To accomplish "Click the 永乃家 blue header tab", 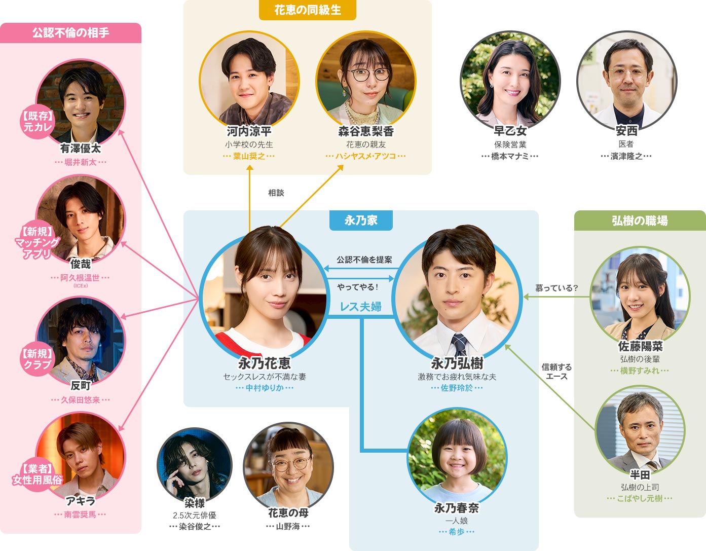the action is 361,221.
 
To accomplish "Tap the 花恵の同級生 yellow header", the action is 307,10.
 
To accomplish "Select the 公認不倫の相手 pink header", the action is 70,33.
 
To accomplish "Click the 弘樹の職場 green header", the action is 640,221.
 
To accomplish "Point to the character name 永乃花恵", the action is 265,363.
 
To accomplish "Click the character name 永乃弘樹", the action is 457,363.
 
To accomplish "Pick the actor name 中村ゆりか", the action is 265,388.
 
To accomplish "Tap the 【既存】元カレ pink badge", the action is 38,121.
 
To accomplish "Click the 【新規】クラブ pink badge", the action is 38,359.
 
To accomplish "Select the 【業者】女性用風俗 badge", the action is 37,474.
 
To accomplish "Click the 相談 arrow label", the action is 276,193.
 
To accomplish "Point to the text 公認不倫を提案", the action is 364,260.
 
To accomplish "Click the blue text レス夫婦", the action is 361,306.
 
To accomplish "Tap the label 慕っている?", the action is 556,288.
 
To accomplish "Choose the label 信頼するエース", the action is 556,372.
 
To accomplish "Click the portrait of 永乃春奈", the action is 457,457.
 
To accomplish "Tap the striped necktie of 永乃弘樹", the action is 460,344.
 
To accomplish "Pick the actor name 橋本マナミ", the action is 510,156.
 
